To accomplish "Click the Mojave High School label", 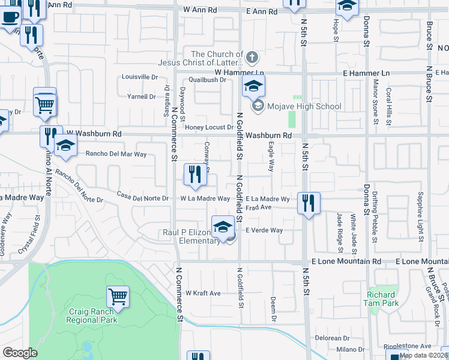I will coord(304,107).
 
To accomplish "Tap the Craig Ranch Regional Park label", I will coord(92,316).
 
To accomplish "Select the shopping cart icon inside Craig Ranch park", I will coord(118,296).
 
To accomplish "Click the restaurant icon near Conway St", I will coord(194,174).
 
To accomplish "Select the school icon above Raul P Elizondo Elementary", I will coord(223,227).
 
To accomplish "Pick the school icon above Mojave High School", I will coord(253,86).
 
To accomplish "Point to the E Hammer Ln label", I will coord(366,73).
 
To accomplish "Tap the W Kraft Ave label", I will coord(203,293).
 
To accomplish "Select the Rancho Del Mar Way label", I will coord(116,154).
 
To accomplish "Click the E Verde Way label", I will coord(264,230).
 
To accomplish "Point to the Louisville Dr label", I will coord(139,77).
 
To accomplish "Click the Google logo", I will coord(20,353).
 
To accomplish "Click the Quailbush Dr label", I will coord(206,79).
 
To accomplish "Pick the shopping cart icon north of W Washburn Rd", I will coord(45,104).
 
